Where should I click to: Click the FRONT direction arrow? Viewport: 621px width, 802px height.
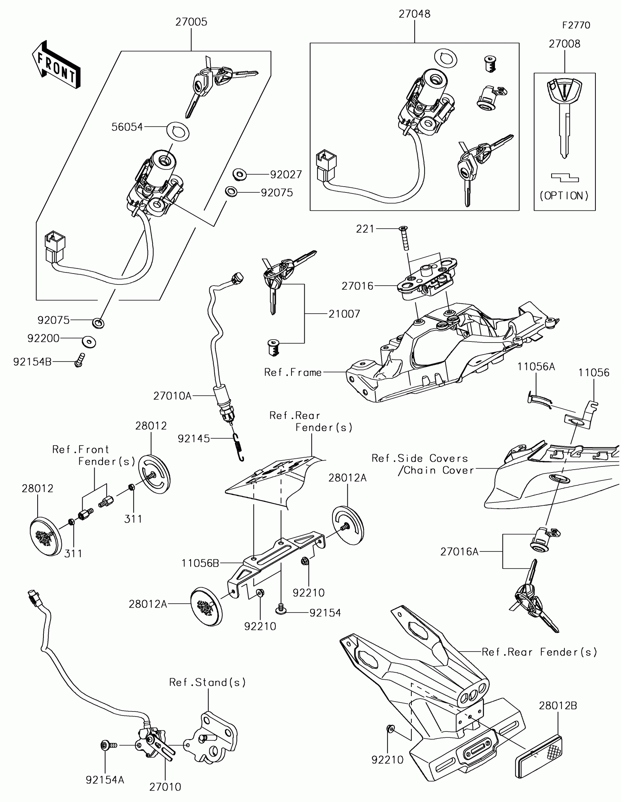click(x=56, y=65)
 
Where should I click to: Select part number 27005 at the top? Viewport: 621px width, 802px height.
click(x=191, y=22)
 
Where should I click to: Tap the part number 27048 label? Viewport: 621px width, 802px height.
click(x=415, y=14)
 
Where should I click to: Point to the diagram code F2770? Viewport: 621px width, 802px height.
click(x=576, y=25)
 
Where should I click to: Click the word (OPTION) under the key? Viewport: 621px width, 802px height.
click(x=564, y=196)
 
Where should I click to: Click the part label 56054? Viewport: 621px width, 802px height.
click(x=127, y=127)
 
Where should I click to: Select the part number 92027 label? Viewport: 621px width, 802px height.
click(x=286, y=175)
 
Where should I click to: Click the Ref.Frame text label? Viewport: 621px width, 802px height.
click(x=293, y=373)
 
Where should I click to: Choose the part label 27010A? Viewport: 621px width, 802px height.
click(x=172, y=396)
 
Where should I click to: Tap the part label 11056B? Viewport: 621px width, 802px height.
click(x=200, y=563)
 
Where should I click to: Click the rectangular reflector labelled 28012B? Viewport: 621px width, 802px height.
click(x=539, y=757)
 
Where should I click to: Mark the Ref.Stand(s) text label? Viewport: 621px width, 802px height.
click(x=207, y=682)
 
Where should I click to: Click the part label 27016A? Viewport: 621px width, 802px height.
click(x=460, y=551)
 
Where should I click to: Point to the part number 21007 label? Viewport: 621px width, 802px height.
click(x=344, y=314)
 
